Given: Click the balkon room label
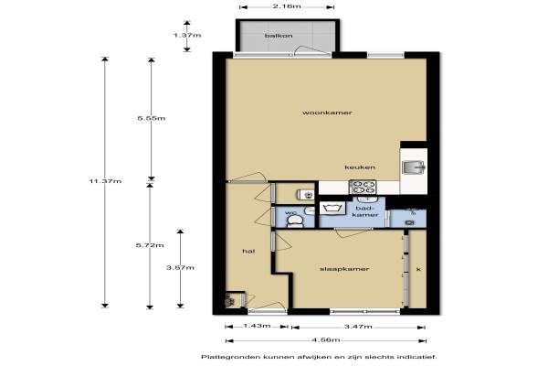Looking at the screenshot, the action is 279,36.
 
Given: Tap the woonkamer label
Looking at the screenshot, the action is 327,113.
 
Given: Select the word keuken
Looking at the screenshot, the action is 360,167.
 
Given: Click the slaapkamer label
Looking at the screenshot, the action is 344,269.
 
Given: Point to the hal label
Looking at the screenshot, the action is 248,251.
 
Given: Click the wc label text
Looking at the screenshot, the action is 290,212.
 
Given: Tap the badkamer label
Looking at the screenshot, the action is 365,211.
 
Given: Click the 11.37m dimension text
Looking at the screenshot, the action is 105,181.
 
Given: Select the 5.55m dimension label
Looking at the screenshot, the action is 152,118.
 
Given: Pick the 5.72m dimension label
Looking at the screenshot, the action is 150,245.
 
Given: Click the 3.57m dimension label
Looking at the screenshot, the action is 180,267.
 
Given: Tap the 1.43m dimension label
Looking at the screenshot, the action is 257,326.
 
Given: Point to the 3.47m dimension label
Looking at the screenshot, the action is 358,327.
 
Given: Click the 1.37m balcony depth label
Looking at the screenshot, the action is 187,35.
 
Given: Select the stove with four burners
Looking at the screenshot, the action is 363,187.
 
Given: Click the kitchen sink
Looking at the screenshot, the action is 413,167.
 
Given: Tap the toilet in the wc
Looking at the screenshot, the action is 295,221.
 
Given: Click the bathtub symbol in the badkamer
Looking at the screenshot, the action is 332,208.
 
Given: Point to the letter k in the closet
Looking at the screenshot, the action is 418,269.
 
